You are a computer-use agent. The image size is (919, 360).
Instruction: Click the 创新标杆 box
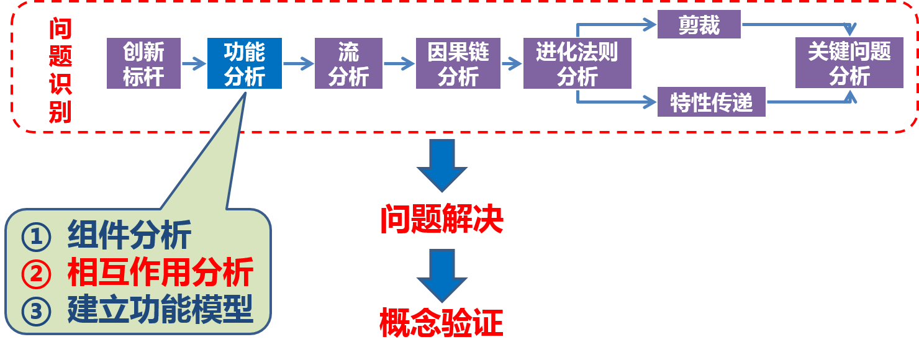[x=143, y=63]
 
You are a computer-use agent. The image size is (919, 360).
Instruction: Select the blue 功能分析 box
[x=244, y=63]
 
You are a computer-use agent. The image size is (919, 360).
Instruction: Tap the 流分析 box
[x=348, y=63]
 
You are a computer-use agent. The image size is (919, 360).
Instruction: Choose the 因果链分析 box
[x=458, y=63]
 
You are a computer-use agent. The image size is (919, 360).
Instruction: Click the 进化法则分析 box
[x=577, y=63]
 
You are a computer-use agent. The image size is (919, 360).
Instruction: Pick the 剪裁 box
[x=699, y=25]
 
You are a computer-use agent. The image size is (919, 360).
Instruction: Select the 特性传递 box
[x=712, y=102]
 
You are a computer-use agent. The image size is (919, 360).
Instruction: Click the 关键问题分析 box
[x=849, y=63]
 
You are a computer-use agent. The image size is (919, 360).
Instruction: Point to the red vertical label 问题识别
[x=60, y=71]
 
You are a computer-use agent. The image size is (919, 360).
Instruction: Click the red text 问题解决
[x=441, y=219]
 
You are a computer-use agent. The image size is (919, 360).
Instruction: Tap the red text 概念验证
[x=441, y=323]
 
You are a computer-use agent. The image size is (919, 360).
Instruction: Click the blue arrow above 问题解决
[x=441, y=165]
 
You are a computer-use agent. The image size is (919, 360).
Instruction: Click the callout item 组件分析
[x=129, y=235]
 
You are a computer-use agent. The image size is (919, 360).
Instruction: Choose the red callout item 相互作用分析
[x=160, y=272]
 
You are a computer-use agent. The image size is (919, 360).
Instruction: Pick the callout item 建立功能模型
[x=160, y=310]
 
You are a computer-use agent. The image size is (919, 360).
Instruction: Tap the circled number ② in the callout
[x=36, y=274]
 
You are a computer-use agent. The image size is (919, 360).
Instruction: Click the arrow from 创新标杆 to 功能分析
[x=194, y=63]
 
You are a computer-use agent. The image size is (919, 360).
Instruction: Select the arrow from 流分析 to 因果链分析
[x=399, y=63]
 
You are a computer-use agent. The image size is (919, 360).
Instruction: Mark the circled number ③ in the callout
[x=36, y=311]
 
